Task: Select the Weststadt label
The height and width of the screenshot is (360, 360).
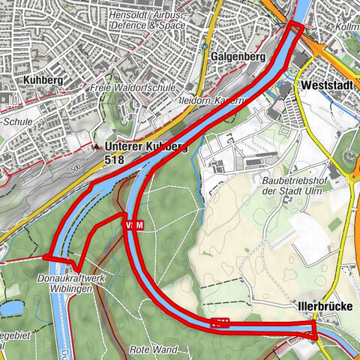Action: click(x=326, y=86)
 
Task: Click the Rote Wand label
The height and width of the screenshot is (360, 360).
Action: click(x=153, y=349)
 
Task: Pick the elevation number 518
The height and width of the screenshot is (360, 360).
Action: click(x=115, y=160)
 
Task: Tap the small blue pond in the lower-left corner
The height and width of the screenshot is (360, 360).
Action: click(x=10, y=308)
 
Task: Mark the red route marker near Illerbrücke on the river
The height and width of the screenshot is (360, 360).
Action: click(x=220, y=323)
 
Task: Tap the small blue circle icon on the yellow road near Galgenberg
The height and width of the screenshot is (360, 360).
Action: click(x=204, y=46)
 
